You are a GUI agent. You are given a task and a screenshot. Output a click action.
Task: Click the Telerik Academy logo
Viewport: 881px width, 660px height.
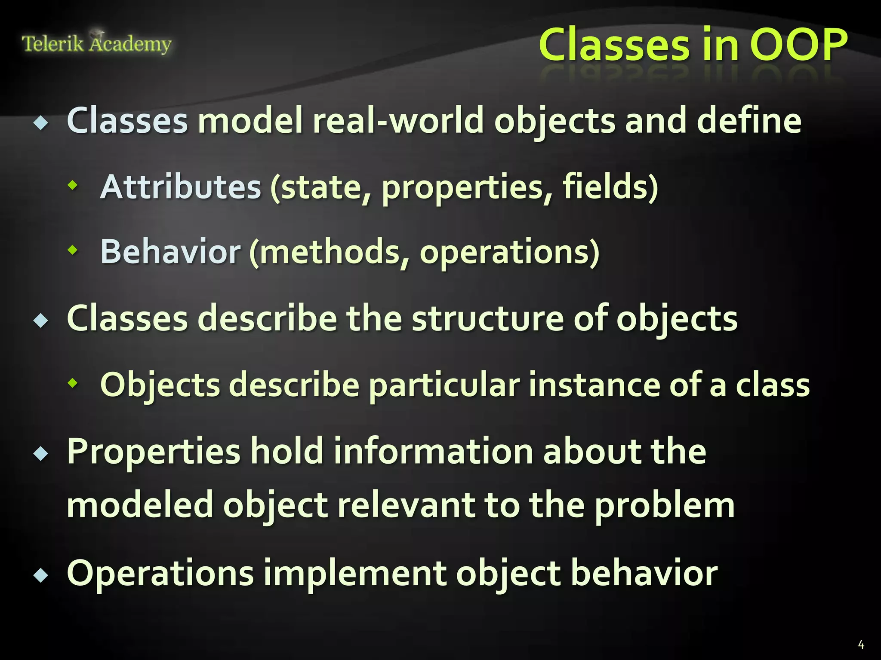(x=96, y=43)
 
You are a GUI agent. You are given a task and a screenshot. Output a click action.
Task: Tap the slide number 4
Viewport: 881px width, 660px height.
(x=861, y=645)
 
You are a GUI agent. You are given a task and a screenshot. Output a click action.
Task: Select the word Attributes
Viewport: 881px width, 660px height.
(x=181, y=187)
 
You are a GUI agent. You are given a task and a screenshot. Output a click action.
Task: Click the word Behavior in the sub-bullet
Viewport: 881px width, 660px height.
(x=170, y=252)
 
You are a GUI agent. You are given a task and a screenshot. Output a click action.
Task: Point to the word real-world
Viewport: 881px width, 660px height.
(x=398, y=121)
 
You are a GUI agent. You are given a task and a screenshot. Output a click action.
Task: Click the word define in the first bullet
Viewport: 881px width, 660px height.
(x=749, y=121)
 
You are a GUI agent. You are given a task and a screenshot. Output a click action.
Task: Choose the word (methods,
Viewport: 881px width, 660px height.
(x=329, y=252)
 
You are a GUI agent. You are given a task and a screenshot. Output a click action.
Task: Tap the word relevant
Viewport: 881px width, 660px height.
(x=406, y=505)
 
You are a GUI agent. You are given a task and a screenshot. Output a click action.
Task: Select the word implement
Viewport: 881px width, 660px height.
(x=354, y=574)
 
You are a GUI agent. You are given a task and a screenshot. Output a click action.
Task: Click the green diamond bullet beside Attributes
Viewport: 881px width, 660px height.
(x=73, y=185)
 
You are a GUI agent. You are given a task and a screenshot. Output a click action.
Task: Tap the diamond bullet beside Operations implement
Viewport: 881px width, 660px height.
(x=41, y=575)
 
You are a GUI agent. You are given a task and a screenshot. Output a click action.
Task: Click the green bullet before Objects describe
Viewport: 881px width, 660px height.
(x=73, y=382)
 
